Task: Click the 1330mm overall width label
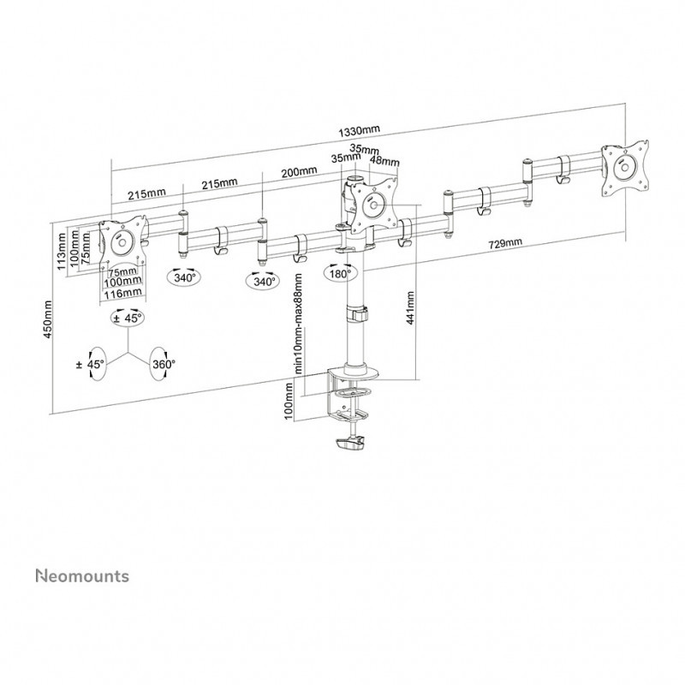click(359, 130)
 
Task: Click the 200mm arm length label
click(298, 171)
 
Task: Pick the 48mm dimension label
click(384, 160)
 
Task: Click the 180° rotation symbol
click(337, 273)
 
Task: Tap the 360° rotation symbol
click(161, 364)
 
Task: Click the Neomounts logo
click(82, 575)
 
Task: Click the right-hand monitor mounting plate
click(628, 167)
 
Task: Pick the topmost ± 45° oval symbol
click(128, 318)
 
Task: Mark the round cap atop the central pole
click(354, 178)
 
